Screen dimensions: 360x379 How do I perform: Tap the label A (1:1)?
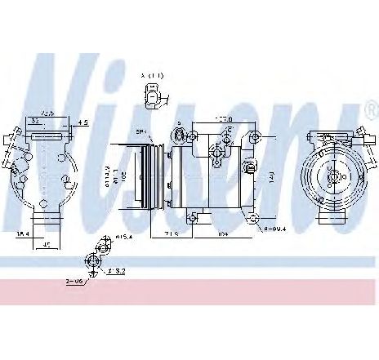[x=152, y=76]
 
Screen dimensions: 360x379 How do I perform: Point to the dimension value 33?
[x=33, y=121]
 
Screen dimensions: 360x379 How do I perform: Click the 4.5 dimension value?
[x=83, y=125]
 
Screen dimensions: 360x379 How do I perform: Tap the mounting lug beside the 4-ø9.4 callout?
[x=256, y=217]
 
